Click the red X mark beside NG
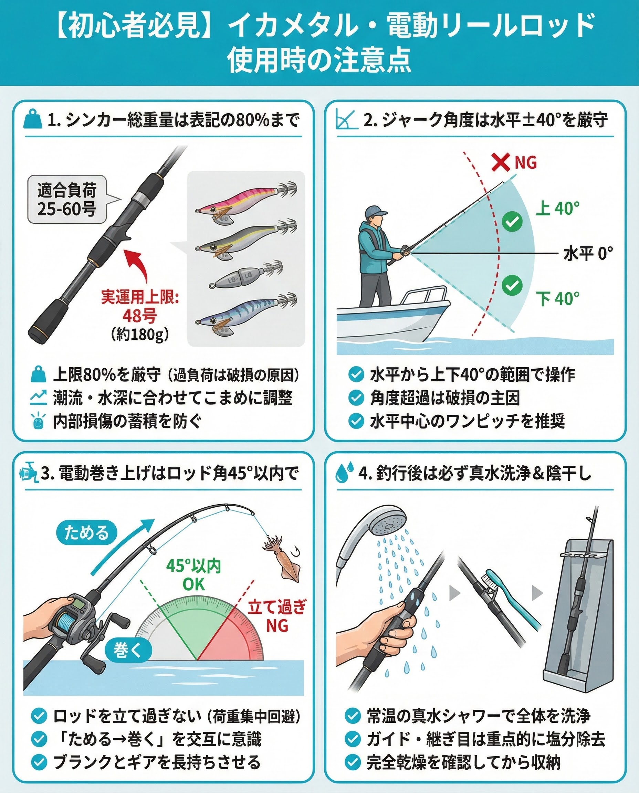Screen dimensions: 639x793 (x=501, y=162)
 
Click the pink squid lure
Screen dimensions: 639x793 (x=246, y=201)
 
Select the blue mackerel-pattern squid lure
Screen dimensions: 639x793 (x=246, y=312)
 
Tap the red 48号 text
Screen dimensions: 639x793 (x=140, y=315)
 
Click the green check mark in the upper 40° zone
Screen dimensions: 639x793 (x=512, y=221)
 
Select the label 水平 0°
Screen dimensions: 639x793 (x=588, y=253)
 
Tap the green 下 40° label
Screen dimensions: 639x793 (x=557, y=298)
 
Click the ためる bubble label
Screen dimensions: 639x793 (x=86, y=532)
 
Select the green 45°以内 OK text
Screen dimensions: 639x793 (x=193, y=575)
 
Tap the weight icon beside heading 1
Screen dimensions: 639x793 (x=33, y=119)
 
